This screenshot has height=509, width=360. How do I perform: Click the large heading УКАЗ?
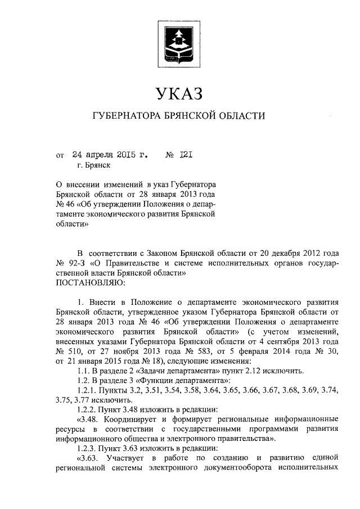click(179, 92)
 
